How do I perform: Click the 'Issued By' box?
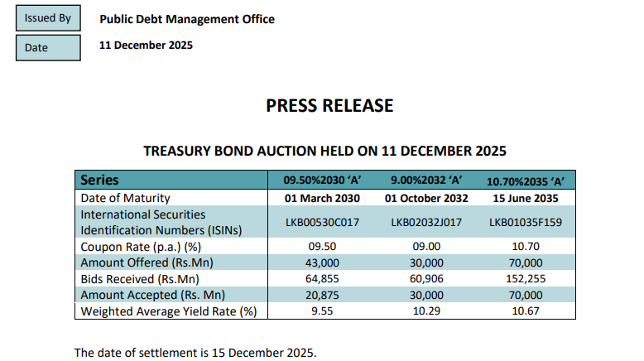[48, 17]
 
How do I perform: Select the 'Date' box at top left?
[48, 46]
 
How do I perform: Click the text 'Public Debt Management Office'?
[187, 19]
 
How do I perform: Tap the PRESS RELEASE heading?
[329, 105]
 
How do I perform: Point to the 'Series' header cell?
[99, 180]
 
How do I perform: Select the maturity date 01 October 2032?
[426, 198]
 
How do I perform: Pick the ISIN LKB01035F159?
[526, 222]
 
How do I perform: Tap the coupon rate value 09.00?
[426, 247]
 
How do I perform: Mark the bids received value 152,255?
[526, 279]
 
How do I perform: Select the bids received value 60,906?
[426, 279]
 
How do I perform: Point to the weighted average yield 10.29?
[426, 311]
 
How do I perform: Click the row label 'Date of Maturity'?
[125, 198]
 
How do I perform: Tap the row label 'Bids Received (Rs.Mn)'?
[141, 279]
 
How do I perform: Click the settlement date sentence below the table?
[195, 352]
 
